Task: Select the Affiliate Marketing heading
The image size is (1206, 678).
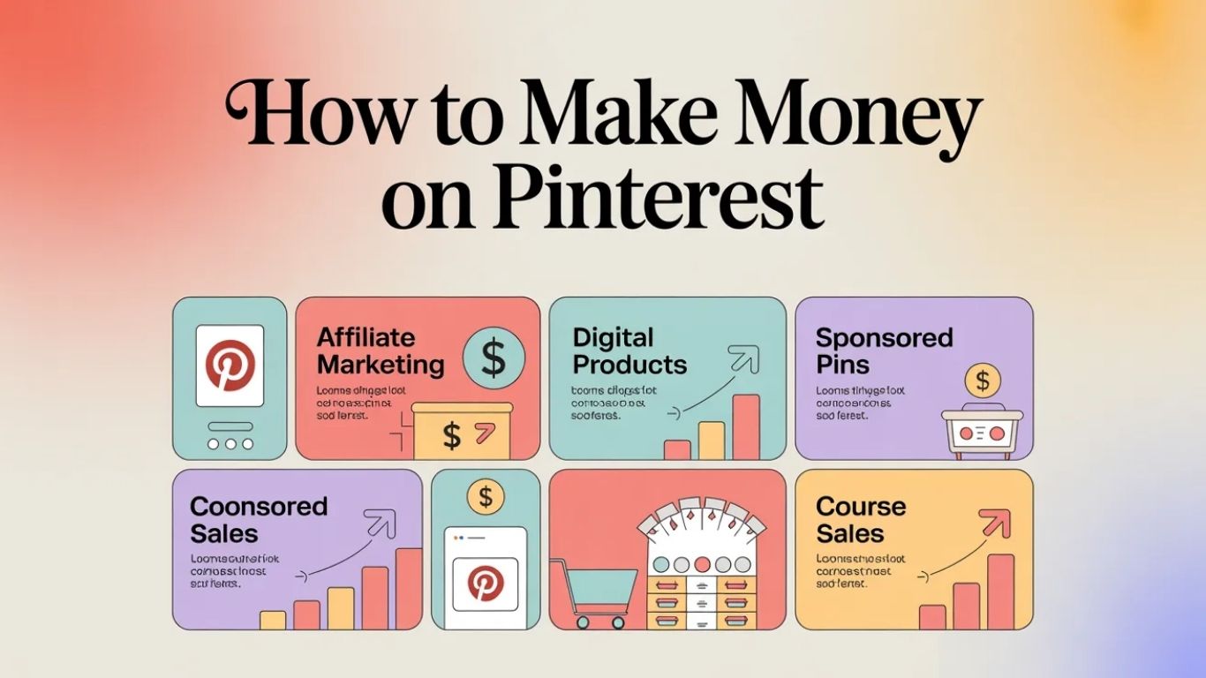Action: pos(381,350)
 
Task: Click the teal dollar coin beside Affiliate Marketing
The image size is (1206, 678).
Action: pos(493,357)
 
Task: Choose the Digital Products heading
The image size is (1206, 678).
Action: pos(629,350)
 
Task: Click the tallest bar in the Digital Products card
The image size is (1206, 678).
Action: pos(746,427)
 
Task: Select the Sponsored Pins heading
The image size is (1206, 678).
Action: pos(884,350)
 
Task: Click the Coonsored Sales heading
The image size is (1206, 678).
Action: pos(259,520)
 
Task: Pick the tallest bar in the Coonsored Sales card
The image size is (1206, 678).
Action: pos(409,588)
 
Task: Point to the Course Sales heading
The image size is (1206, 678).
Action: pos(861,520)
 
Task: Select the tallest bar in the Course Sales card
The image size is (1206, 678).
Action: pos(1000,591)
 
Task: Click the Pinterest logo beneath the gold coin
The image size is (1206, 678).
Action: pos(485,584)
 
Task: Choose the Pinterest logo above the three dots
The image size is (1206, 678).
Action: pos(230,366)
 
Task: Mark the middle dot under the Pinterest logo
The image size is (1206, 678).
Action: pos(230,443)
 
